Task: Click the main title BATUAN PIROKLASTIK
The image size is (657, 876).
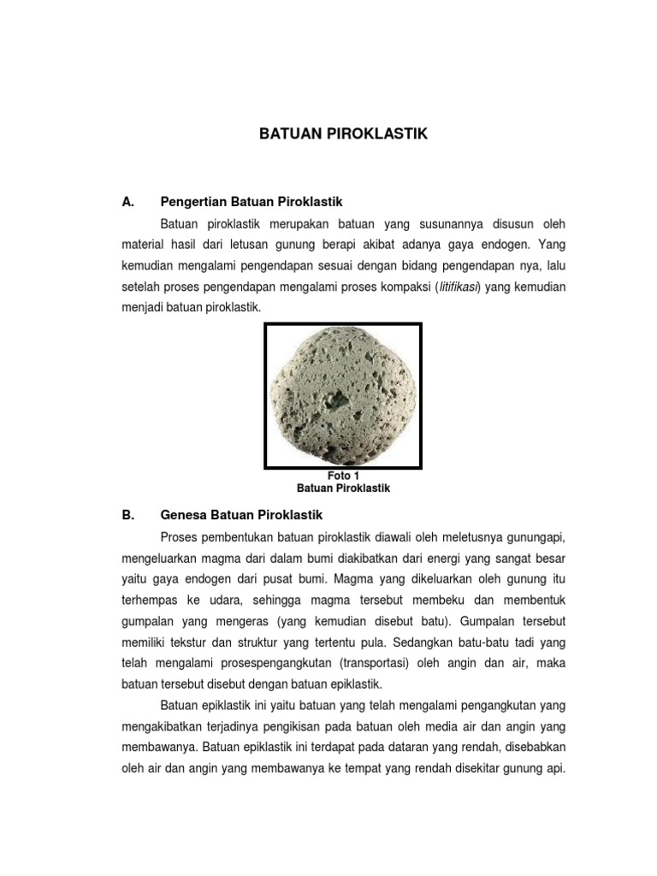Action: [343, 134]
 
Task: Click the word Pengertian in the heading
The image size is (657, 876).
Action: [190, 203]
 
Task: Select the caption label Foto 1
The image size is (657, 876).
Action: [343, 476]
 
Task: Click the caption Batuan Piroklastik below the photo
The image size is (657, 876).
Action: [343, 488]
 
